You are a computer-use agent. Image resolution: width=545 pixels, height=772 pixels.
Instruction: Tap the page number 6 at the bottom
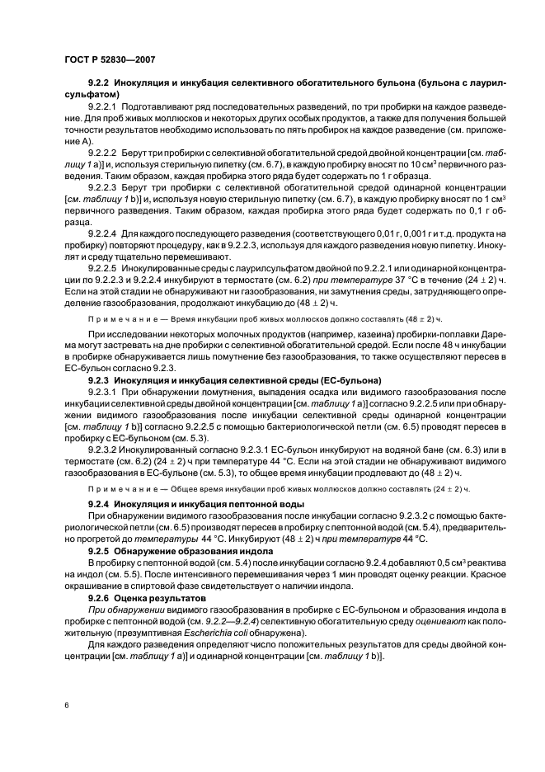point(65,706)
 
